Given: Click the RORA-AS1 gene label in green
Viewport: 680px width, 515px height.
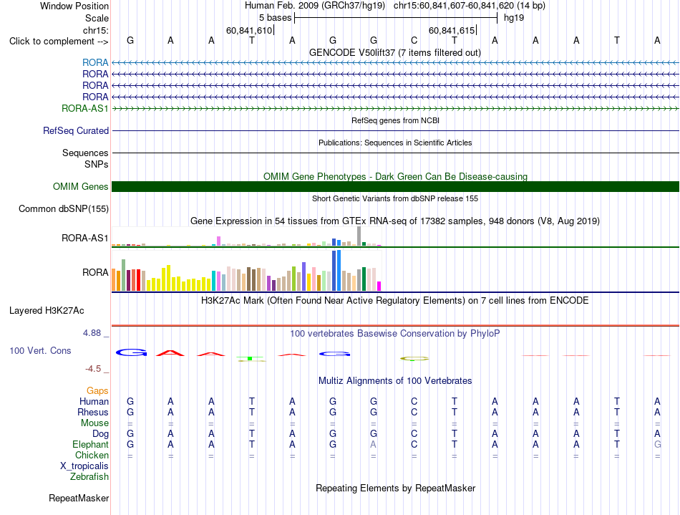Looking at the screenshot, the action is click(x=85, y=108).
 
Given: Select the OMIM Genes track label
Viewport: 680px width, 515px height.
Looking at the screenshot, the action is click(x=81, y=186).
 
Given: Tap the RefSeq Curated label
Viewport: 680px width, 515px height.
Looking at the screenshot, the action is click(x=76, y=130).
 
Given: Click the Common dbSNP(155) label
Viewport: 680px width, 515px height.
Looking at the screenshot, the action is click(x=64, y=208).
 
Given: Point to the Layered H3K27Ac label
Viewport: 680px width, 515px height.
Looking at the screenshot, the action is click(x=47, y=311).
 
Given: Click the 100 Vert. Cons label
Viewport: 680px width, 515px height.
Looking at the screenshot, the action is click(x=40, y=350).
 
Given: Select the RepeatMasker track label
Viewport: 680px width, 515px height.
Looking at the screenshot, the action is click(x=79, y=498).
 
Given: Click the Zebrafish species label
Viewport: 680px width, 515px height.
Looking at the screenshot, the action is click(x=89, y=477).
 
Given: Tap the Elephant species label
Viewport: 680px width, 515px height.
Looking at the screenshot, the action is click(x=91, y=445).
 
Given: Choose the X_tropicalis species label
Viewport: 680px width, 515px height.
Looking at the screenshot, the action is click(x=84, y=466).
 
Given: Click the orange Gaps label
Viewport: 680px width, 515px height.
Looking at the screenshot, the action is click(x=97, y=391).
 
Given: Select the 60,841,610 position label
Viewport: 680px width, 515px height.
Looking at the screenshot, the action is click(x=249, y=30).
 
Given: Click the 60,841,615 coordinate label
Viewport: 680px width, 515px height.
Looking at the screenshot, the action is click(x=452, y=30).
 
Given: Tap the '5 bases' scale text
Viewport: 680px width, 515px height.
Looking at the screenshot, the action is click(x=276, y=18).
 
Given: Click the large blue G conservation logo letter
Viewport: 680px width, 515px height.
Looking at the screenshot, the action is click(x=131, y=352).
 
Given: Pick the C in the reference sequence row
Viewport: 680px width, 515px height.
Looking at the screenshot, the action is click(x=414, y=40).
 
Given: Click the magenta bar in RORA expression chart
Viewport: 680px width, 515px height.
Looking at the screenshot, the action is click(x=379, y=286).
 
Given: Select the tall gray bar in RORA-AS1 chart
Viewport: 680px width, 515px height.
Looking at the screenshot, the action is click(x=359, y=236).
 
